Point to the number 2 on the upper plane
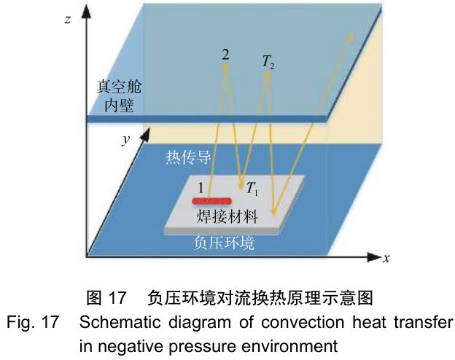click(x=227, y=54)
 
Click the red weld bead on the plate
click(x=212, y=200)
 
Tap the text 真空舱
click(x=119, y=87)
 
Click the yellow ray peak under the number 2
click(x=225, y=68)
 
